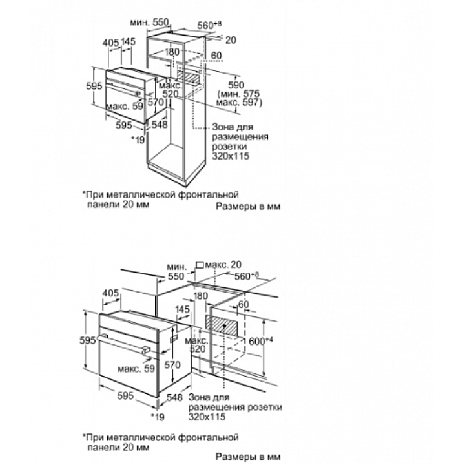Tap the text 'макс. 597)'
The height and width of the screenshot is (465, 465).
[x=240, y=102]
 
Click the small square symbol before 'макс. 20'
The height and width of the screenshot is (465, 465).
[x=199, y=264]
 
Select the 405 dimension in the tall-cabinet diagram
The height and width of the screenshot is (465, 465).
[x=110, y=42]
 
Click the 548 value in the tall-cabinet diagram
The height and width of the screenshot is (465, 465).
[x=160, y=124]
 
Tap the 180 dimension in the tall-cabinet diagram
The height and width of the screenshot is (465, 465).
[x=172, y=52]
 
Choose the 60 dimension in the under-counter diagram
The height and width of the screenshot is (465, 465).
[x=244, y=304]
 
